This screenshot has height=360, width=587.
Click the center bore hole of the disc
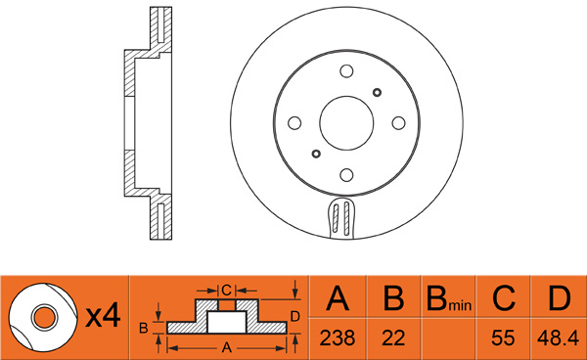tap(346, 123)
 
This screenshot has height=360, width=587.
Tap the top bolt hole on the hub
tap(346, 71)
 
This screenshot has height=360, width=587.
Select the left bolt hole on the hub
tap(294, 123)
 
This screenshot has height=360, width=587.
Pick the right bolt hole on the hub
tap(399, 123)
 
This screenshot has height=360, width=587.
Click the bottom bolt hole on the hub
tap(346, 175)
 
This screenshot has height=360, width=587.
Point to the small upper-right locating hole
tap(377, 92)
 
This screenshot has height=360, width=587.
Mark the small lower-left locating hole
tap(316, 154)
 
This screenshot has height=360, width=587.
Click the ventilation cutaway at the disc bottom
tap(341, 217)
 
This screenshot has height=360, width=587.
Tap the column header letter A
tap(338, 298)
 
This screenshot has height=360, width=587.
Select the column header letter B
tap(394, 298)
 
